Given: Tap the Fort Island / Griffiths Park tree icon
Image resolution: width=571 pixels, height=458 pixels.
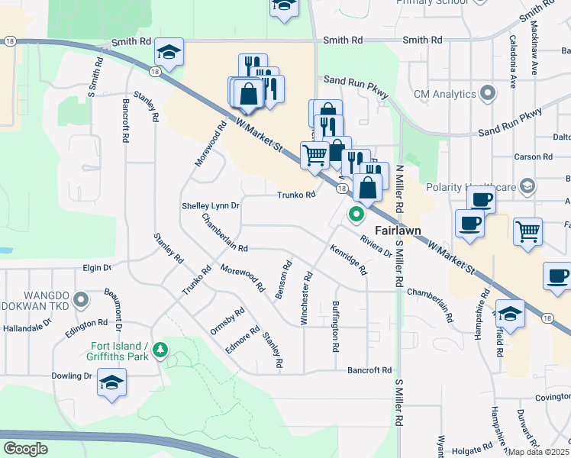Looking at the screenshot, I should [x=160, y=350].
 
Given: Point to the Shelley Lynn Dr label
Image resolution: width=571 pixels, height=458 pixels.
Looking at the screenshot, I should [x=211, y=206].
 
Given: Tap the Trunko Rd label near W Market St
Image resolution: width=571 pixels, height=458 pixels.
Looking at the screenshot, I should [x=296, y=195].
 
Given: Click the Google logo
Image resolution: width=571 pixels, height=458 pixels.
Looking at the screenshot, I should [x=26, y=448].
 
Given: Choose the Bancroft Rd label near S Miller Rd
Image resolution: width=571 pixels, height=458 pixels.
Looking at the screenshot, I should [x=369, y=370].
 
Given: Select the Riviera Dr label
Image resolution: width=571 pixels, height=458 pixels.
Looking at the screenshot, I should [x=376, y=245].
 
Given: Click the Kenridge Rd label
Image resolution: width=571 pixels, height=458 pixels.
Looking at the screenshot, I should [x=349, y=260].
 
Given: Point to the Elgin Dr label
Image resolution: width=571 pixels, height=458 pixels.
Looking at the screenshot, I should [x=97, y=268].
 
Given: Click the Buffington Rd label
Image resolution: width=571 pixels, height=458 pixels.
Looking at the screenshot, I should [x=335, y=326].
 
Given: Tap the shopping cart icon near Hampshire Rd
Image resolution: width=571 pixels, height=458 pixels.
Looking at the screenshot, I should [x=527, y=232].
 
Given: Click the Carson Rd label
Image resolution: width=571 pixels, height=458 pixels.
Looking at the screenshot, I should [x=533, y=156].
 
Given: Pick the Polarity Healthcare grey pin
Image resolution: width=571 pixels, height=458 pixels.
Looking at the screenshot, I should [x=527, y=187].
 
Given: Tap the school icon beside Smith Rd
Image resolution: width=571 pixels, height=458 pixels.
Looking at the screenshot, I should [x=169, y=52].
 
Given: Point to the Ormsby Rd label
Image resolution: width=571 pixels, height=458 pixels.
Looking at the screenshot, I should [x=227, y=321].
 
